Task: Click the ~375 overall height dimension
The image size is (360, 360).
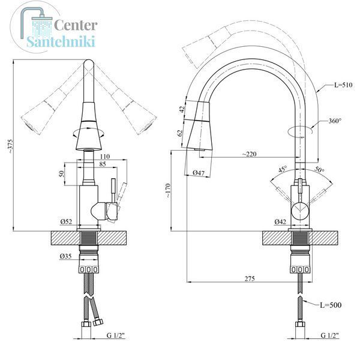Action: tap(11, 146)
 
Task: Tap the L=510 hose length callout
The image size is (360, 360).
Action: tap(343, 85)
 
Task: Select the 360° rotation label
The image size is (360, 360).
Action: tap(335, 121)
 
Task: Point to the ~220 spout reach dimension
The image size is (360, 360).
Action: tap(250, 154)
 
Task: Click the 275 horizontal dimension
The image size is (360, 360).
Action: tap(250, 278)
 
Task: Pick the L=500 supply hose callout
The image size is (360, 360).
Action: tap(331, 305)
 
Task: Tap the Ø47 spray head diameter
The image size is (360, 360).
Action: tap(199, 172)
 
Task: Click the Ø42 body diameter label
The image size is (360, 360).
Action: tap(280, 221)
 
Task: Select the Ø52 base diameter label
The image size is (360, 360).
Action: tap(66, 221)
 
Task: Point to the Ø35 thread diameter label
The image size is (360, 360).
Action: tap(65, 256)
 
